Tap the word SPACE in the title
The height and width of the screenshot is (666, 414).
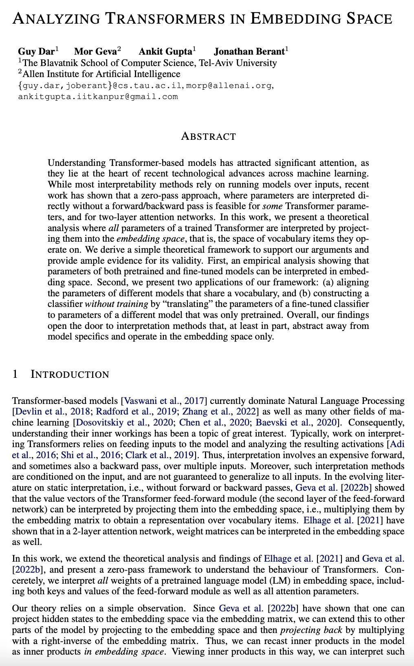pyautogui.click(x=363, y=18)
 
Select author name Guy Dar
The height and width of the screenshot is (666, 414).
pyautogui.click(x=36, y=51)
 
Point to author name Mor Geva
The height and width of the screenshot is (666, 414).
pyautogui.click(x=96, y=51)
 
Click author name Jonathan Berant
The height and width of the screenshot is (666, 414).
pyautogui.click(x=249, y=51)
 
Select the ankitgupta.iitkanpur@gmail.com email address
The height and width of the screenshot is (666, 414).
pyautogui.click(x=98, y=97)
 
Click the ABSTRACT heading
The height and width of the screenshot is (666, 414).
pyautogui.click(x=208, y=136)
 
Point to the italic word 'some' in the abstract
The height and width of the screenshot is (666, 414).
pyautogui.click(x=272, y=206)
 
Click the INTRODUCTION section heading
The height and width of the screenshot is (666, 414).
pyautogui.click(x=70, y=374)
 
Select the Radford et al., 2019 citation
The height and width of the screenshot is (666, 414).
pyautogui.click(x=131, y=412)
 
